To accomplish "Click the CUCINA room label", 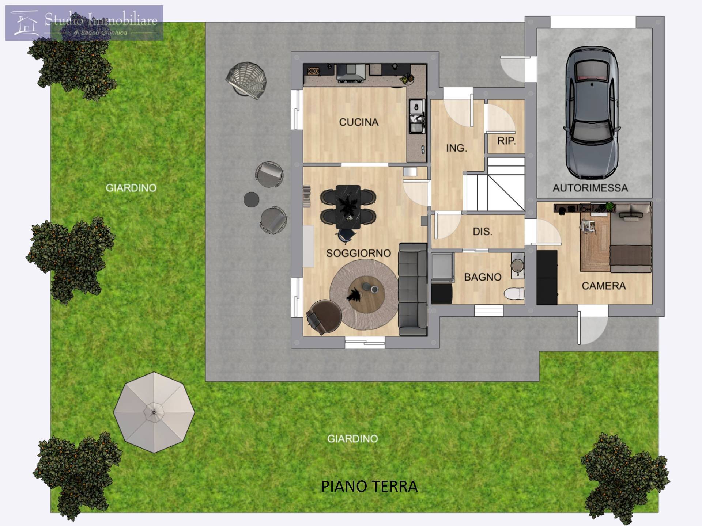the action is point(359,122).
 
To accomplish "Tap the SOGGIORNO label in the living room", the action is point(358,253).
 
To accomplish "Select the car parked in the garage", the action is point(592,112).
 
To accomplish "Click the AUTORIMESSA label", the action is point(590,188).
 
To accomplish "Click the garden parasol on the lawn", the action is point(154,412).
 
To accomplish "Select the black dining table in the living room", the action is point(348,207).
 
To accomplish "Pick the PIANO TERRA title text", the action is point(369,486).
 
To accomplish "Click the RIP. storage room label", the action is point(506,141).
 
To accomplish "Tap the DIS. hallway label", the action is point(482,231).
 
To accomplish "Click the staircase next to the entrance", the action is point(494,184).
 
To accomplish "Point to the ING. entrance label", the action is point(456,148).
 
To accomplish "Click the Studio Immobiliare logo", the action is point(84,23).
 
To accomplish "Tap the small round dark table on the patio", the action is point(252,199).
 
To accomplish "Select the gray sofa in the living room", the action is point(413,289).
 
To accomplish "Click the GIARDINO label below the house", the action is point(352,439).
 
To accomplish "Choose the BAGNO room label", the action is point(483,277).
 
